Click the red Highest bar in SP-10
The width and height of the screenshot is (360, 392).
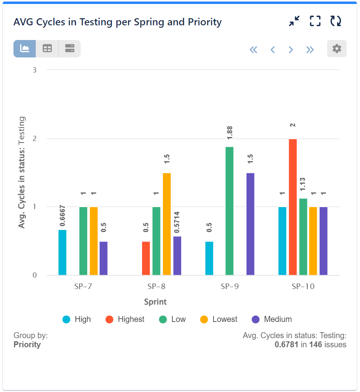(293, 207)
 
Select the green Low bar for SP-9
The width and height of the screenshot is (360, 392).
(229, 211)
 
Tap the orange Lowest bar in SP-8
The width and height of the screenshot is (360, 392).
(167, 224)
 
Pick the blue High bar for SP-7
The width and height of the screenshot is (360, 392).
(63, 253)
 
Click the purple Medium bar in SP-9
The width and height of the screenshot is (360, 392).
(250, 224)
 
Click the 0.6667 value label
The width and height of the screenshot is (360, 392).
(63, 216)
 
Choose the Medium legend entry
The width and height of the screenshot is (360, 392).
(272, 319)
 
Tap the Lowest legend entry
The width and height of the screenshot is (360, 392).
(219, 319)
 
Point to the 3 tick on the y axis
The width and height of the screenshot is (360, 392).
(34, 70)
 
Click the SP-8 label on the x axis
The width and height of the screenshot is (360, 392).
(156, 287)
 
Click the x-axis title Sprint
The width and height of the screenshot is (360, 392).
(155, 302)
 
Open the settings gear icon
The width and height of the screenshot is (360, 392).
(337, 49)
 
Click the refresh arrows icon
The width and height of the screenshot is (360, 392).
(336, 21)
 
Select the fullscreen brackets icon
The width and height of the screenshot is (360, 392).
(315, 21)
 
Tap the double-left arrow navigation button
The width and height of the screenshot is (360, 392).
(254, 49)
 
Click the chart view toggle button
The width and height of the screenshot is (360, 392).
(25, 49)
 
